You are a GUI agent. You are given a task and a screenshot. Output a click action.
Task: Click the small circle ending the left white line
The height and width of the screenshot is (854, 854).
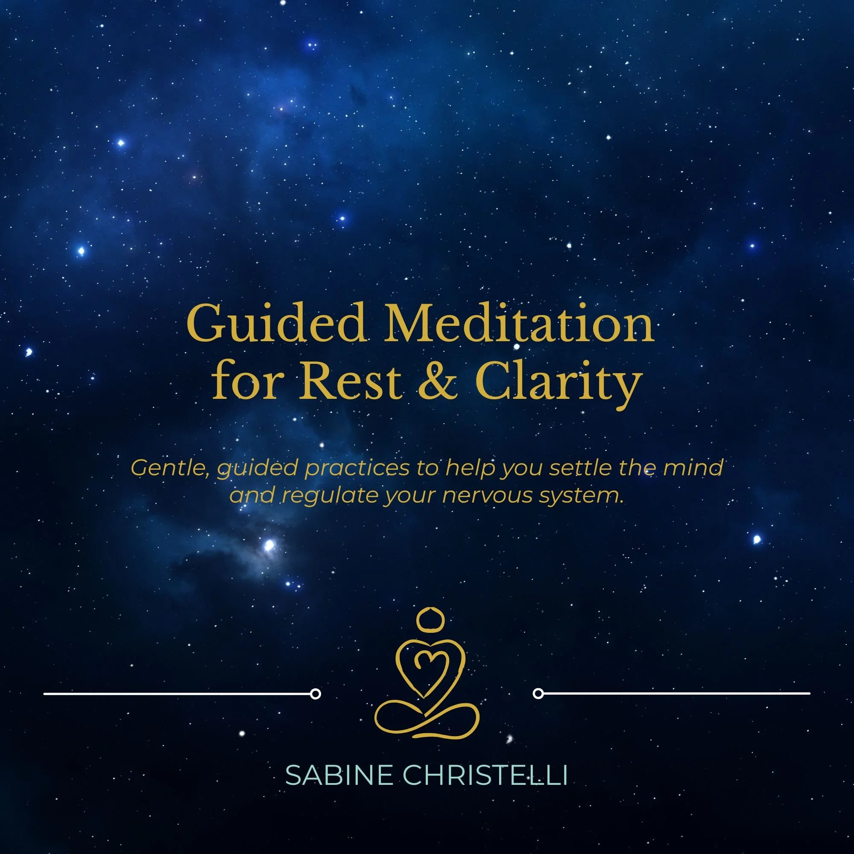point(315,694)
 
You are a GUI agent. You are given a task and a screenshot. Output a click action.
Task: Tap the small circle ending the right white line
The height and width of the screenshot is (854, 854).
point(538,693)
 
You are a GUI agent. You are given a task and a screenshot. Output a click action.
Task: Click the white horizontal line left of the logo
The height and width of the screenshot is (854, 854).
point(177,694)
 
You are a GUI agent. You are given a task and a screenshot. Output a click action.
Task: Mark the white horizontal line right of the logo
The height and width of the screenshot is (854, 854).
point(676,693)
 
